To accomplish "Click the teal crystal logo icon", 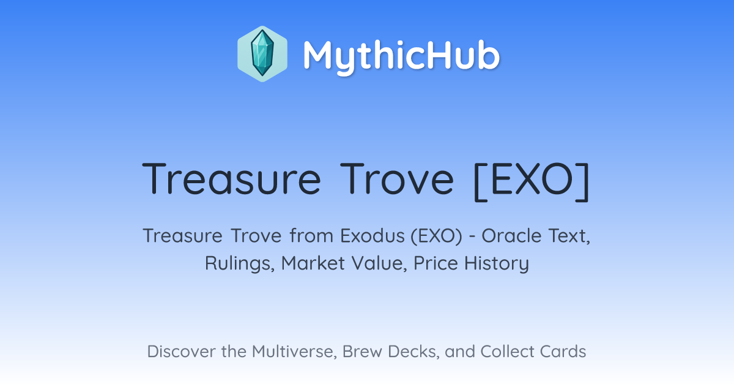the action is pos(262,54).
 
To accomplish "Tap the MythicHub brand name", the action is pos(401,56).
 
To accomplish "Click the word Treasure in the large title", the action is pos(231,179).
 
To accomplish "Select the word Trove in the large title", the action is pos(397,179).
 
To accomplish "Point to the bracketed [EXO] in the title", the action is pos(532,181).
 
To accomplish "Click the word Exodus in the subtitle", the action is pos(373,236).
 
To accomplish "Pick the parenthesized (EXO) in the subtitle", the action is pos(437,236).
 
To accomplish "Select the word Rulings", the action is pos(240,263).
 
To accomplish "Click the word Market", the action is pos(313,263).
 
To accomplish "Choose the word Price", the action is pos(436,263).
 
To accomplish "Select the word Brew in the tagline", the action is pos(362,351).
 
